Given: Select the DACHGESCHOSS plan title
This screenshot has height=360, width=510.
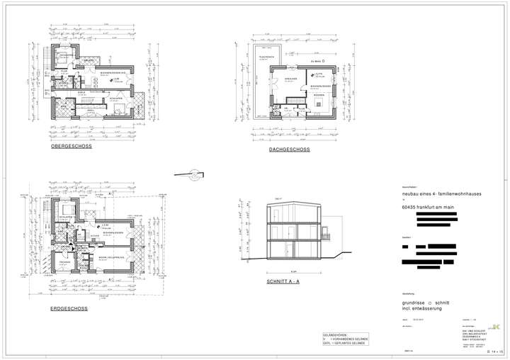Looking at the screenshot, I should pos(289,150).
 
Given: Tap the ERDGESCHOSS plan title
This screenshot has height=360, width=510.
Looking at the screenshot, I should pos(69,309).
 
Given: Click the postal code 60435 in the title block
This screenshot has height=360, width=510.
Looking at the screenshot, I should pos(409,207).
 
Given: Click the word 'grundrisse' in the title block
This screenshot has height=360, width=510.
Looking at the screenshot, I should pos(414,302).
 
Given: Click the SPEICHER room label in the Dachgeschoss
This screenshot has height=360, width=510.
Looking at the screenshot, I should pos(290,79).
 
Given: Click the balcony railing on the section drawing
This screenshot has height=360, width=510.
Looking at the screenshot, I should pos(326,236).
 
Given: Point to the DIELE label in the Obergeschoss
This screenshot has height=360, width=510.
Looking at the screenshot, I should pos(81,93).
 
